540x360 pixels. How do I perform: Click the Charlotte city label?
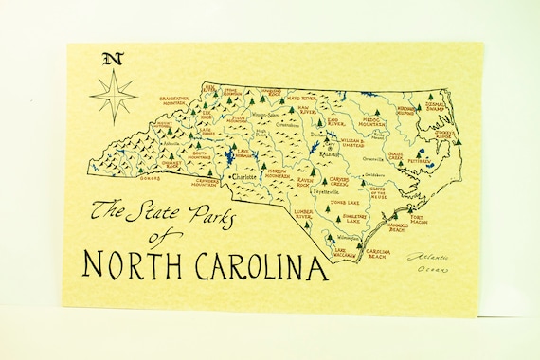pyautogui.click(x=242, y=176)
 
